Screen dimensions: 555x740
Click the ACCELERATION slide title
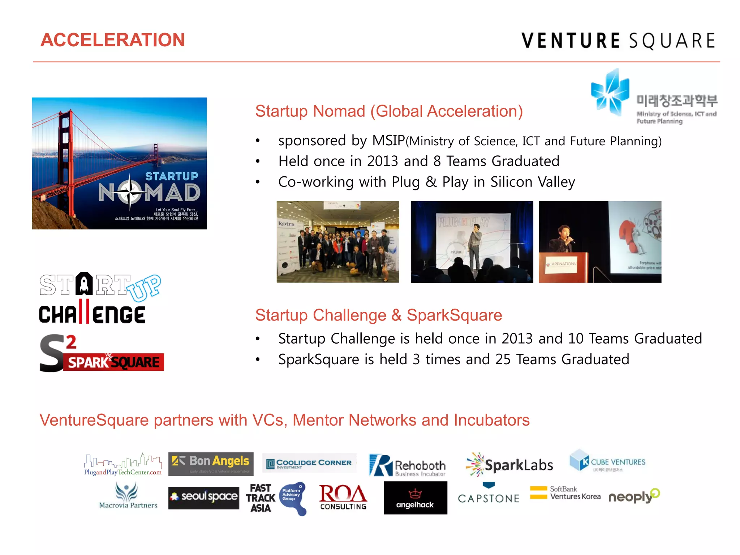tap(112, 40)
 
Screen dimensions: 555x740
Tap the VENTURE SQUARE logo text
tap(618, 40)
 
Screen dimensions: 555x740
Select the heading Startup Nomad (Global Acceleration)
tap(389, 111)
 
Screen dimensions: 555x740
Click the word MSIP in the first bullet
tap(388, 141)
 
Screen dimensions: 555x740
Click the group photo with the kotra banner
tap(338, 242)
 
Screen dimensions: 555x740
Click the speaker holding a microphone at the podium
tap(563, 240)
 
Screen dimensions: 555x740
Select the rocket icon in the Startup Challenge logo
tap(84, 284)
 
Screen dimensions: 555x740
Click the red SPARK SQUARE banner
tap(114, 362)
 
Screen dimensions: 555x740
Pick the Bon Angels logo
tap(211, 464)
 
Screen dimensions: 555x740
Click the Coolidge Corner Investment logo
tap(309, 464)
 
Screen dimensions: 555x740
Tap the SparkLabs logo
tap(509, 465)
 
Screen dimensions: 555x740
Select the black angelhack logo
tap(415, 498)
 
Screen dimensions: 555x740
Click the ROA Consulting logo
tap(343, 497)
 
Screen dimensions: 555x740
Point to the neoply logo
tap(634, 496)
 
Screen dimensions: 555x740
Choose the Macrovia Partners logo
tap(128, 496)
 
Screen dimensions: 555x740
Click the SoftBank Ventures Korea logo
tap(565, 493)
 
